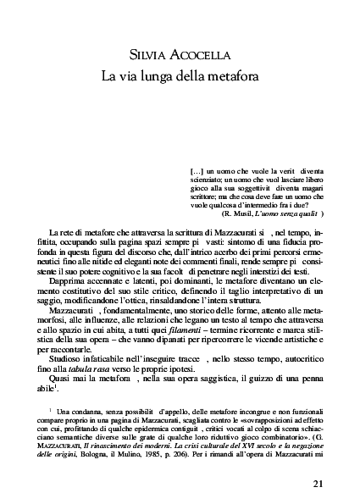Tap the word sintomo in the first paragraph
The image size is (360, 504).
pos(239,242)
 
